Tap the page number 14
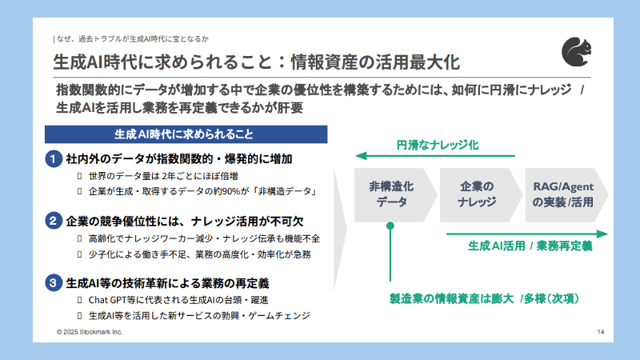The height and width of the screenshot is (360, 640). click(x=601, y=331)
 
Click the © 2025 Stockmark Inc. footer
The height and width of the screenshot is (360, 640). click(x=90, y=331)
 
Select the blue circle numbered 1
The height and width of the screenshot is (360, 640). click(x=53, y=159)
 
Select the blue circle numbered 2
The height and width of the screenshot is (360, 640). click(x=53, y=221)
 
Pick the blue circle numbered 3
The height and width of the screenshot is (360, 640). click(x=53, y=282)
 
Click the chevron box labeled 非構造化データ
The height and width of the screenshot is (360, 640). click(x=391, y=194)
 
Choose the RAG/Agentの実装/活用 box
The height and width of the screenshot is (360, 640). click(x=562, y=194)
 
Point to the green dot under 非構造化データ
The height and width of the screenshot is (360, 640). click(x=390, y=227)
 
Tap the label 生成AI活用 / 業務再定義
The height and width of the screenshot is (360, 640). click(x=530, y=246)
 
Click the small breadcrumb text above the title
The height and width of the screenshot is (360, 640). click(x=133, y=38)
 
